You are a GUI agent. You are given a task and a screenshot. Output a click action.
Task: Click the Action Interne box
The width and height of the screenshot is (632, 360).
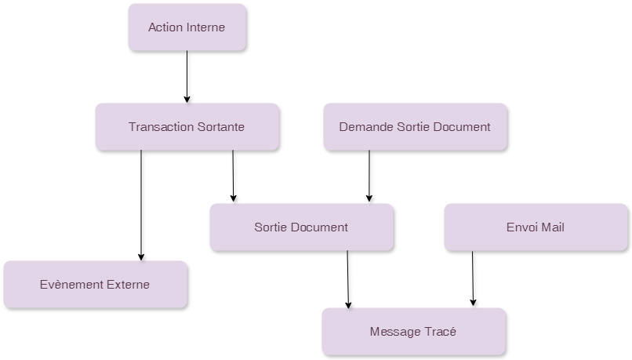(x=187, y=27)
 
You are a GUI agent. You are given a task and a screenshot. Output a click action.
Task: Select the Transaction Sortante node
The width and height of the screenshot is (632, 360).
(x=187, y=126)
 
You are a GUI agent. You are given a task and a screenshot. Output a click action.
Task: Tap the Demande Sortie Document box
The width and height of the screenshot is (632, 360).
(x=415, y=126)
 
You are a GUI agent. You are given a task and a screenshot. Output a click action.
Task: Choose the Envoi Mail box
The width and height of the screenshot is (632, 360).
(x=536, y=227)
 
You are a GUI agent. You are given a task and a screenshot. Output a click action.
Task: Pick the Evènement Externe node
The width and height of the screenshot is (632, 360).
(x=95, y=284)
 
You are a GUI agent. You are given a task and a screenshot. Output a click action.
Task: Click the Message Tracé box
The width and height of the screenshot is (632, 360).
(x=413, y=331)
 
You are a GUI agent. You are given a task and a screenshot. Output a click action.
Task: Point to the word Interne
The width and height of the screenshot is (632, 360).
(x=205, y=27)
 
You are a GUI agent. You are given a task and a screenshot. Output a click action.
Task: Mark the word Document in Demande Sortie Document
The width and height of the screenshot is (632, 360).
(x=462, y=126)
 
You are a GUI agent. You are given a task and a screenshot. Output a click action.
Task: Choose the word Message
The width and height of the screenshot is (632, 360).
(x=395, y=331)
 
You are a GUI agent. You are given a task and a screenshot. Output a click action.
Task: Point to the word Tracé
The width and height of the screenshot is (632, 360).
(x=441, y=331)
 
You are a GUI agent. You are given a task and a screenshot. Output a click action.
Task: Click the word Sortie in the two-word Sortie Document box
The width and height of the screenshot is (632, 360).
(x=271, y=227)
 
